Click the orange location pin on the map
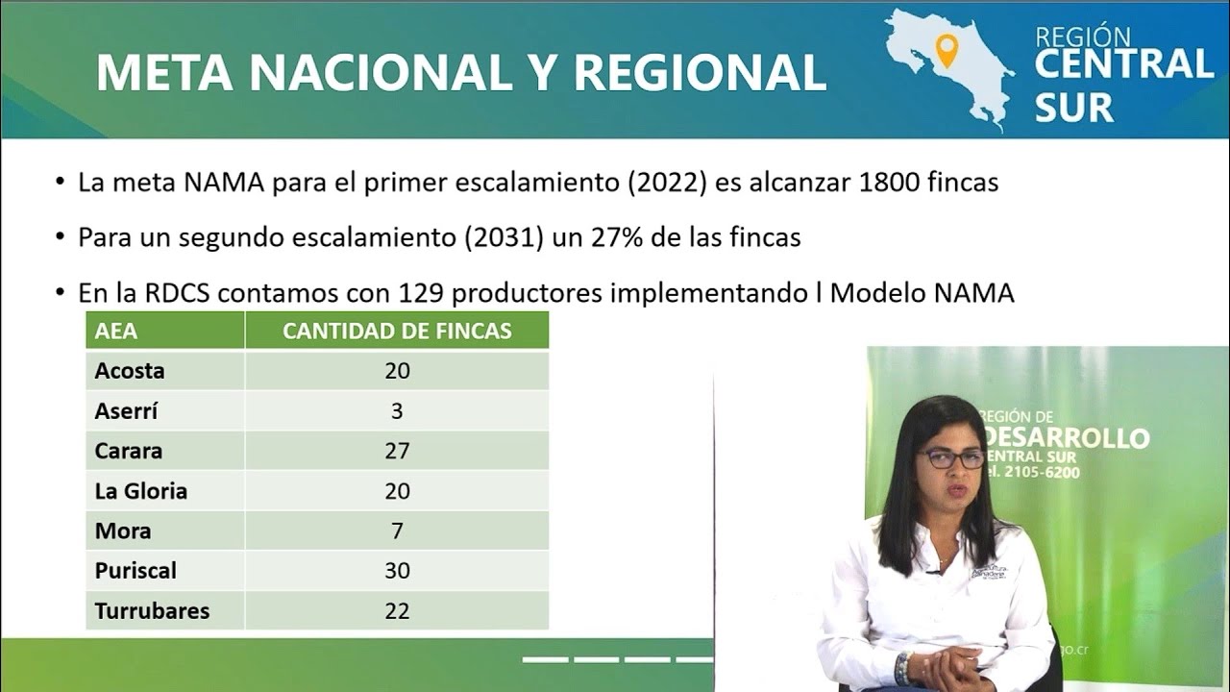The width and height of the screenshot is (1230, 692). pyautogui.click(x=947, y=49)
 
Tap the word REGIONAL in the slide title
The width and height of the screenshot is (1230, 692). pyautogui.click(x=701, y=72)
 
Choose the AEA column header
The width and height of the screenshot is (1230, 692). pyautogui.click(x=116, y=332)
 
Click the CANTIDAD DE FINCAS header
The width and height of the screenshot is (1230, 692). pyautogui.click(x=397, y=332)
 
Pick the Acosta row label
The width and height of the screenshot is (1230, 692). pyautogui.click(x=130, y=371)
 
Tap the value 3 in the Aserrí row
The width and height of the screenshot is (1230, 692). pyautogui.click(x=397, y=411)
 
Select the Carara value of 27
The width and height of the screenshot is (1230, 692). pyautogui.click(x=397, y=451)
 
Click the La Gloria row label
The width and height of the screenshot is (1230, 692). pyautogui.click(x=140, y=491)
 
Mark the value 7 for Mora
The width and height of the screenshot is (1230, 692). pyautogui.click(x=397, y=531)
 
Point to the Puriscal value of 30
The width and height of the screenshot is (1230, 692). pyautogui.click(x=397, y=571)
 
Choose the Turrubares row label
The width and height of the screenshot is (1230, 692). pyautogui.click(x=152, y=610)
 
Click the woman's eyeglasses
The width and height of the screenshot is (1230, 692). pyautogui.click(x=952, y=458)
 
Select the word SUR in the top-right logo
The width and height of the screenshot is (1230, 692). pyautogui.click(x=1073, y=108)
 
